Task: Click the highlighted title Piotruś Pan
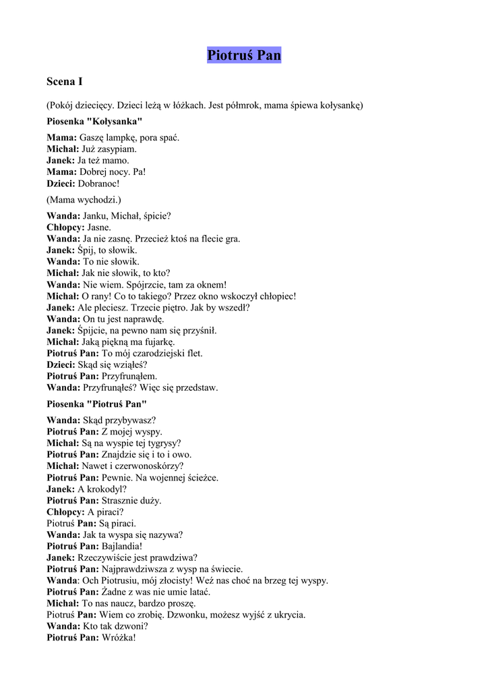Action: pos(244,55)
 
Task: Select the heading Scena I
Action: pos(65,82)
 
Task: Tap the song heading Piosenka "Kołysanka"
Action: pos(94,121)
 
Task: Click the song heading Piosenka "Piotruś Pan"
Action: pos(96,404)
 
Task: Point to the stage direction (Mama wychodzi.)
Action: pos(84,200)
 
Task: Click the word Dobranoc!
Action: pos(98,184)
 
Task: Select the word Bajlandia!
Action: pos(122,546)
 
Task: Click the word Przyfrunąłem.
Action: pos(129,376)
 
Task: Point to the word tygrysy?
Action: pos(159,443)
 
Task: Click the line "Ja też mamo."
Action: pos(103,161)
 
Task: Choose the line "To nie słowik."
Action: pos(111,261)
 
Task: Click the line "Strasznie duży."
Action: pos(131,500)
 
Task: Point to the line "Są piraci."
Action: pos(117,523)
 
